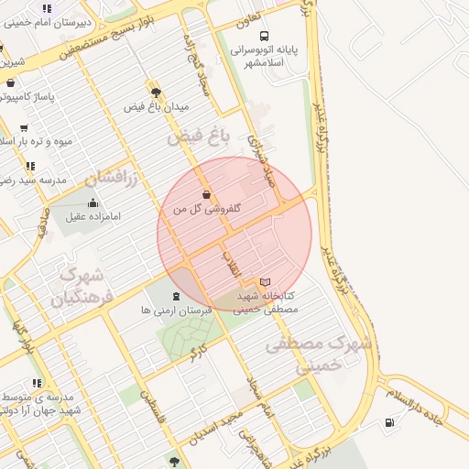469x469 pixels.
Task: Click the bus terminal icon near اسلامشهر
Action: [265, 36]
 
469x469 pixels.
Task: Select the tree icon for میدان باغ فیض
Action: [157, 92]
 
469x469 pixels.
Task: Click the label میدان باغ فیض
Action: [157, 107]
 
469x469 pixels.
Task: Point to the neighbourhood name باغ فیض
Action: [195, 138]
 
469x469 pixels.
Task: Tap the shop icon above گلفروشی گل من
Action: [206, 194]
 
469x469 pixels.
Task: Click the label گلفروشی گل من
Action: [207, 209]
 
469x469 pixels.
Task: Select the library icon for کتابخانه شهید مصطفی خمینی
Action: [266, 282]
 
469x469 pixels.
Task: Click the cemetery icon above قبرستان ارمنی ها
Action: [176, 296]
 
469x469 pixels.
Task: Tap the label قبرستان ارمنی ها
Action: [176, 311]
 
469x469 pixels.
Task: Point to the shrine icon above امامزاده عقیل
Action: [93, 202]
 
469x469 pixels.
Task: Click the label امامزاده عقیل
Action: [93, 217]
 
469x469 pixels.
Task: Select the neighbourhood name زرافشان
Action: [111, 177]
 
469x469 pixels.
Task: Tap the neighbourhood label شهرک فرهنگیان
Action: [82, 286]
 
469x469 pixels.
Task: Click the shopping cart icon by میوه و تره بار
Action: [23, 128]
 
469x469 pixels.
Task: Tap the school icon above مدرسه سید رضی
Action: [30, 166]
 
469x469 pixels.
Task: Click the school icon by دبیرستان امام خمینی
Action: [46, 8]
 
